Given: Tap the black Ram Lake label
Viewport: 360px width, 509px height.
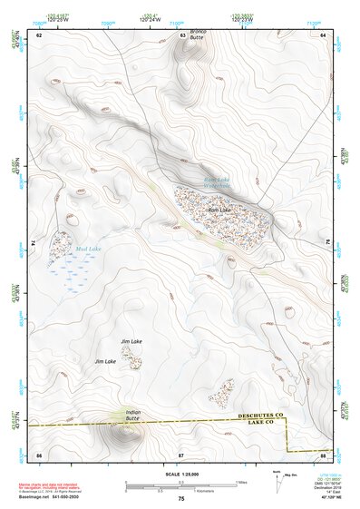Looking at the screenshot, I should point(219,210).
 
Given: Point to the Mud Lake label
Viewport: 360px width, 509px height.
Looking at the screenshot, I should point(89,248).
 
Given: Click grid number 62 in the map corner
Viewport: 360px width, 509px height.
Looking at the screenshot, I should point(39,34).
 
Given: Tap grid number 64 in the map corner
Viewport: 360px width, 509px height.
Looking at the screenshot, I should point(323,34).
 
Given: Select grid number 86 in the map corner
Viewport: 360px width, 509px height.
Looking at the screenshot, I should point(39,453).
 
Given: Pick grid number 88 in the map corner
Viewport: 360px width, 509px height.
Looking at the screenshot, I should point(323,453).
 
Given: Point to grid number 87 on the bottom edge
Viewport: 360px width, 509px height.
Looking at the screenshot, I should point(181,453).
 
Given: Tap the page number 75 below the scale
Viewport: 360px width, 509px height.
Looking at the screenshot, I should point(181,499).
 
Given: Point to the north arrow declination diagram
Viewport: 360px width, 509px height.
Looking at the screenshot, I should point(277,476).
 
